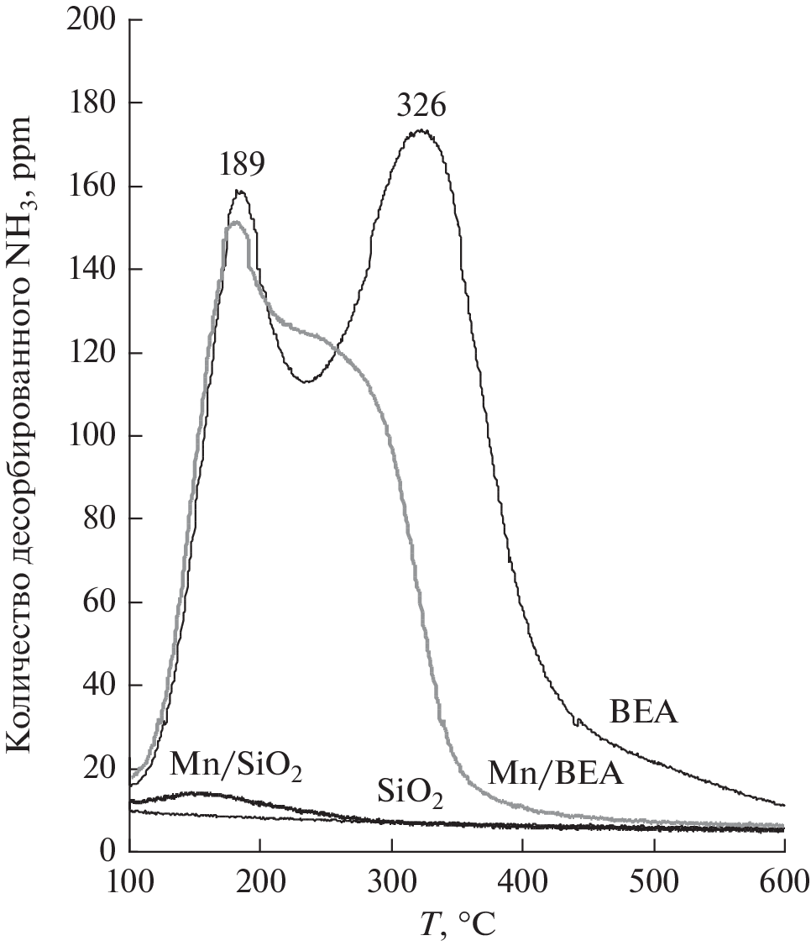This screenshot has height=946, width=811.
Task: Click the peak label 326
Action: coord(422,108)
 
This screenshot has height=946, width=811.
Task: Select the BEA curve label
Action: coord(643,714)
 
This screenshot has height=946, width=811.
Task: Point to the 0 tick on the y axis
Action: coord(107,852)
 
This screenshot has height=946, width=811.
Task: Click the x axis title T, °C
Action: coord(457,924)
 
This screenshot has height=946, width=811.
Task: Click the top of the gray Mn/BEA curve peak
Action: coord(237,223)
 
